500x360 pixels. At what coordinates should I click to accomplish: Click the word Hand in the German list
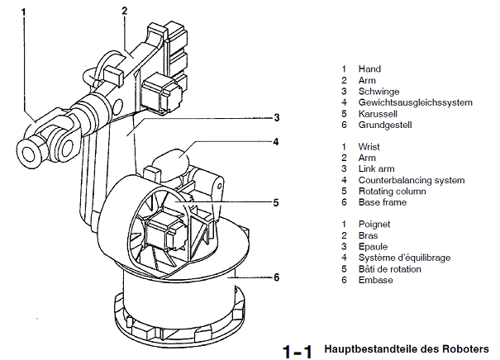[369, 69]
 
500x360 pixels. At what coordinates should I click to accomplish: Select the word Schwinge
[379, 92]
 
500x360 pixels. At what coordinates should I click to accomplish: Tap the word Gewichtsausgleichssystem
[415, 103]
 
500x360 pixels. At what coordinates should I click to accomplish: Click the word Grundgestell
[385, 126]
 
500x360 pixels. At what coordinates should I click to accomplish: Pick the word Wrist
[369, 147]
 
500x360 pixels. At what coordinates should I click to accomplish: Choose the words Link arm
[378, 169]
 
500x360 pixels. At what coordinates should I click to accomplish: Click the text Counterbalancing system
[411, 180]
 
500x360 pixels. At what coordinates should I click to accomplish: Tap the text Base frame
[382, 202]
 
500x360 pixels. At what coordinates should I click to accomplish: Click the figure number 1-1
[297, 350]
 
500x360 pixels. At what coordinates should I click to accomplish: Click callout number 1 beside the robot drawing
[23, 12]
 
